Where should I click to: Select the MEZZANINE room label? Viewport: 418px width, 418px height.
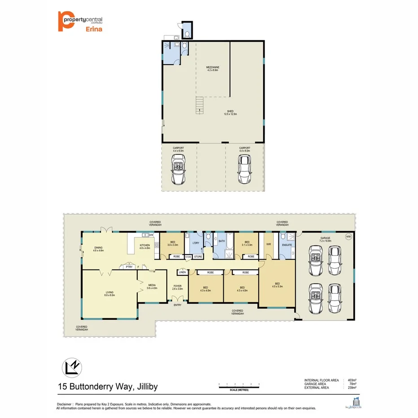[212, 69]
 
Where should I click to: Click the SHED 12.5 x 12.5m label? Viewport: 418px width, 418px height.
[230, 113]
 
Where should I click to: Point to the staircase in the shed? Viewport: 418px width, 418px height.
[199, 105]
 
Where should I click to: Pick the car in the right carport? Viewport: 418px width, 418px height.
[244, 170]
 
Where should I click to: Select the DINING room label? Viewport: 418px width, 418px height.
[99, 249]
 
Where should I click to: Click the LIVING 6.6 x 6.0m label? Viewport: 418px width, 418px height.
[110, 293]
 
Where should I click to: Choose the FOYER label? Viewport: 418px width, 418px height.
[178, 287]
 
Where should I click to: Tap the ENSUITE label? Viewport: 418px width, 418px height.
[287, 245]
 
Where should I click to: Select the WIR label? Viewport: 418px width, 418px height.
[269, 245]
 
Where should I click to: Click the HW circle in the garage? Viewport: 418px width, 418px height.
[348, 237]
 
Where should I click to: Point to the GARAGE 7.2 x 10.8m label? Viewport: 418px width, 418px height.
[325, 239]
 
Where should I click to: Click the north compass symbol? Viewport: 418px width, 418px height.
[71, 368]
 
